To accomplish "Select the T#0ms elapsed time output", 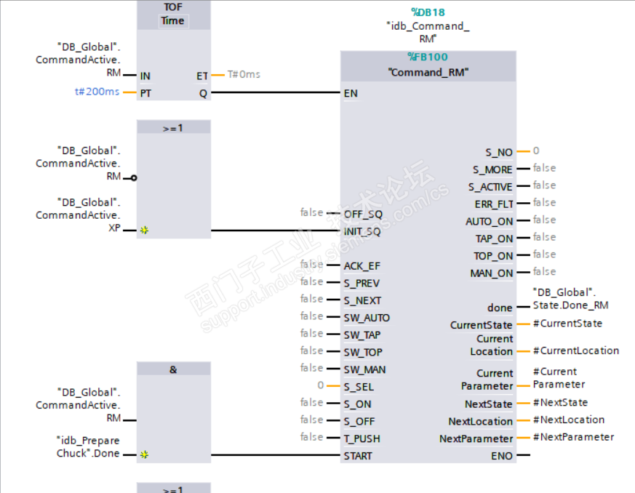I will coord(244,74).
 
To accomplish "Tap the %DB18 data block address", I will coord(428,12).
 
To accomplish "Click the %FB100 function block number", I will coord(428,57).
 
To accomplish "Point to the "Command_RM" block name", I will coord(428,72).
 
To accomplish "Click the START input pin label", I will coord(358,456).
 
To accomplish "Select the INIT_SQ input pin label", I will coord(362,231).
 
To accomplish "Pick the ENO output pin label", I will coord(502,456).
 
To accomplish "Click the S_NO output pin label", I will coord(499,152).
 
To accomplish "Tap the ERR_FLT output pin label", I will coord(494,204).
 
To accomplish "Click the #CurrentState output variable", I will coord(567,324).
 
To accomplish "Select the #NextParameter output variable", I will coord(573,437).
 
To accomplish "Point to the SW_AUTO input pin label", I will coord(367,318).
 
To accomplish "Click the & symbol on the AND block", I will coord(173,369).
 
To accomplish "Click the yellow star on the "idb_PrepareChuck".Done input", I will coord(144,455).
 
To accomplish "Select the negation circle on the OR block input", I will coord(134,177).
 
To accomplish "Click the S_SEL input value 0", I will coord(321,385).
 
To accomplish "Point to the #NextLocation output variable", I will coord(568,420).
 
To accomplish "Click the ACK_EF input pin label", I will coord(362,265).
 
